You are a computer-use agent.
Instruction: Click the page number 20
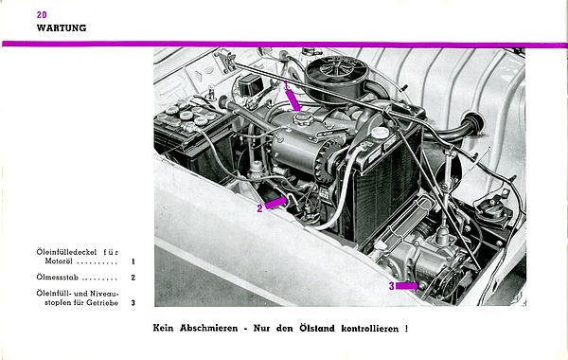click(x=42, y=15)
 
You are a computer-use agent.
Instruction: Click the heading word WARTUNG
click(x=62, y=27)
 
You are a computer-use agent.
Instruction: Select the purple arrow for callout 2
click(x=276, y=203)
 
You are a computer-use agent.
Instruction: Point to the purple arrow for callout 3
click(x=406, y=286)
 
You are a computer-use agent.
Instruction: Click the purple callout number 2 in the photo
click(x=259, y=208)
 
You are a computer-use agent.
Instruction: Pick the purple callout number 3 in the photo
click(x=391, y=286)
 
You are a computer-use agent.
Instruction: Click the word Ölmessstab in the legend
click(x=57, y=278)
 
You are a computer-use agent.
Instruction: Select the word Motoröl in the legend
click(x=59, y=261)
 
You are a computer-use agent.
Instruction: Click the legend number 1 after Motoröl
click(x=133, y=261)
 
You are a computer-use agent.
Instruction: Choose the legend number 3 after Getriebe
click(x=133, y=303)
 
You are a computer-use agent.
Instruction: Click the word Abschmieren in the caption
click(x=209, y=329)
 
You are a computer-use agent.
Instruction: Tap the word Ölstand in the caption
click(x=317, y=329)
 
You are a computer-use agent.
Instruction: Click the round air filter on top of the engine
click(x=337, y=73)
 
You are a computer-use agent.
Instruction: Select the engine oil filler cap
click(x=303, y=118)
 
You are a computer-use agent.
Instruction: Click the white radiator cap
click(x=380, y=133)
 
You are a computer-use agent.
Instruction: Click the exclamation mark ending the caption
click(x=406, y=329)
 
